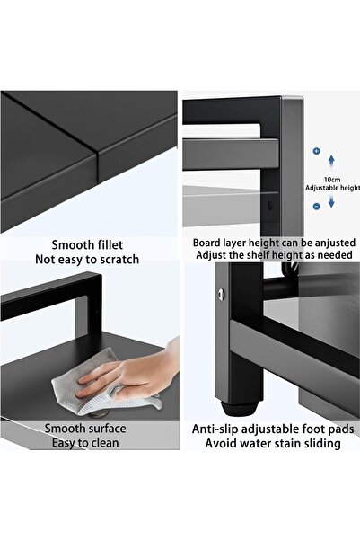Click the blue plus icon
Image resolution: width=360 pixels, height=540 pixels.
[x=316, y=152]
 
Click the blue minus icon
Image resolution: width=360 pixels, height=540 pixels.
[x=316, y=206]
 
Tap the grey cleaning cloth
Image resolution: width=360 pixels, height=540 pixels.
[x=99, y=382]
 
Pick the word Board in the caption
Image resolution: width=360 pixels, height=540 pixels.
[x=208, y=242]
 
